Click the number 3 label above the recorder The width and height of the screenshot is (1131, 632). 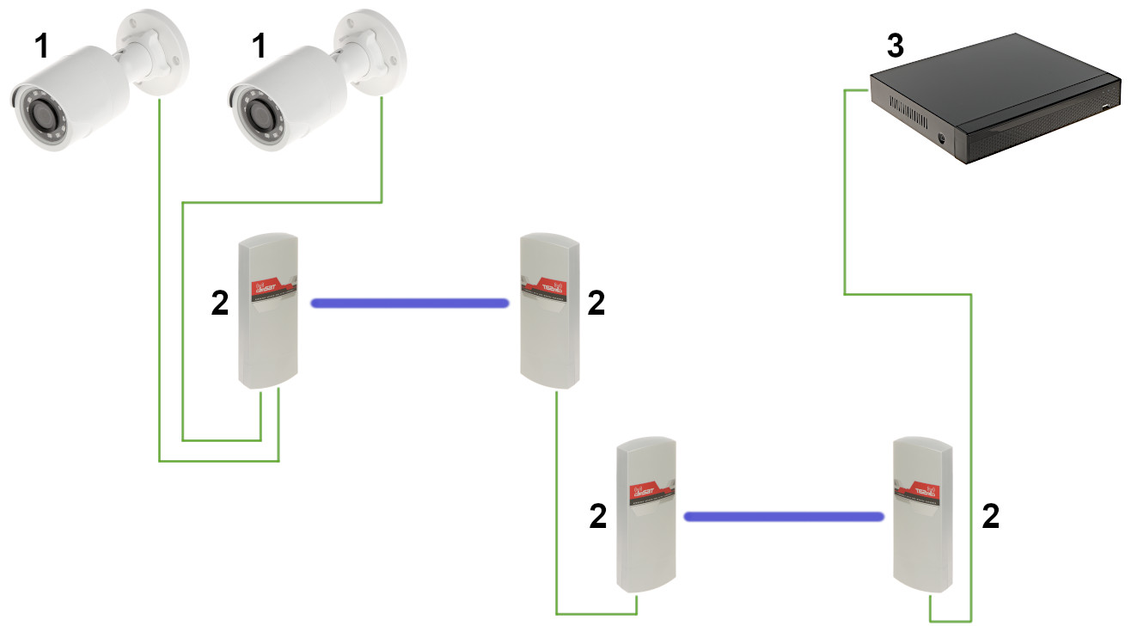(895, 46)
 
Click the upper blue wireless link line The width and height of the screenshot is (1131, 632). (409, 303)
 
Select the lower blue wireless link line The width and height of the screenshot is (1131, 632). (783, 517)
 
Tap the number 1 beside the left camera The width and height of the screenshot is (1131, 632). (40, 48)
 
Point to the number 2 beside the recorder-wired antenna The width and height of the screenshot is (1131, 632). (991, 517)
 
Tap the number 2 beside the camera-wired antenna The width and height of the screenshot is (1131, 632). (220, 303)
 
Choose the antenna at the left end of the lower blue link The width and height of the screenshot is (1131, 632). (647, 516)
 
